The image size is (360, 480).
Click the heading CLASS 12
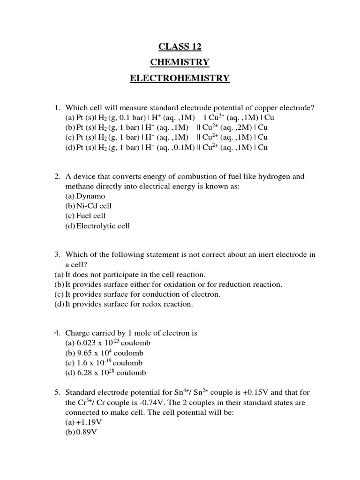[180, 46]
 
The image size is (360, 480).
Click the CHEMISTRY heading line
[180, 62]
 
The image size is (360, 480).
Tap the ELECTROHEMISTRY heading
[180, 78]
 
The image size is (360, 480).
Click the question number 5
[57, 392]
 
